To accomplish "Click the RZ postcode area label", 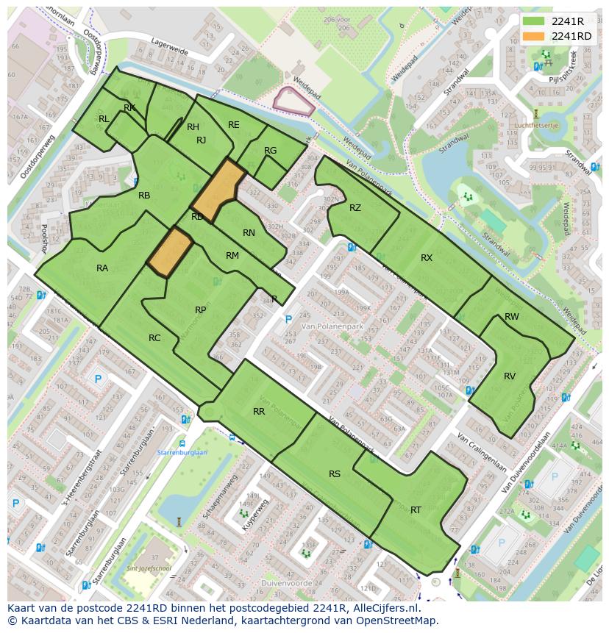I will (x=355, y=208).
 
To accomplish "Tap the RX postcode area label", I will (x=427, y=258).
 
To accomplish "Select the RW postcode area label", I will (x=512, y=317).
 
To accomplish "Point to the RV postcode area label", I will (x=510, y=376).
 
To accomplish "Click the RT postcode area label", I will (x=416, y=510).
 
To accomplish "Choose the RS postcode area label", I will (x=335, y=474).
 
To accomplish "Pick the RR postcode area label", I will (x=259, y=412).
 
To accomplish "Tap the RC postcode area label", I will (x=154, y=338).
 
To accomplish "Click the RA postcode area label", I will (x=102, y=268).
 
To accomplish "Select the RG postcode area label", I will (x=270, y=151).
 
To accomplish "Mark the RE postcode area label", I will (x=233, y=125).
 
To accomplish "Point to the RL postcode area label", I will (x=104, y=119).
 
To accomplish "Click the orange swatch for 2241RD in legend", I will (x=535, y=36).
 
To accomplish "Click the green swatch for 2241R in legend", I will (x=535, y=21).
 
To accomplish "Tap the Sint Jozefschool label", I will (x=150, y=569).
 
